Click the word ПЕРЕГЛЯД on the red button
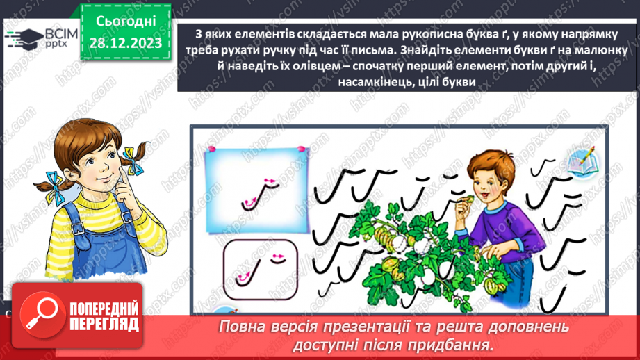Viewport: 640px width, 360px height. tap(104, 324)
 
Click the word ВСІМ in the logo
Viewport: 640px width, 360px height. tap(52, 35)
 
